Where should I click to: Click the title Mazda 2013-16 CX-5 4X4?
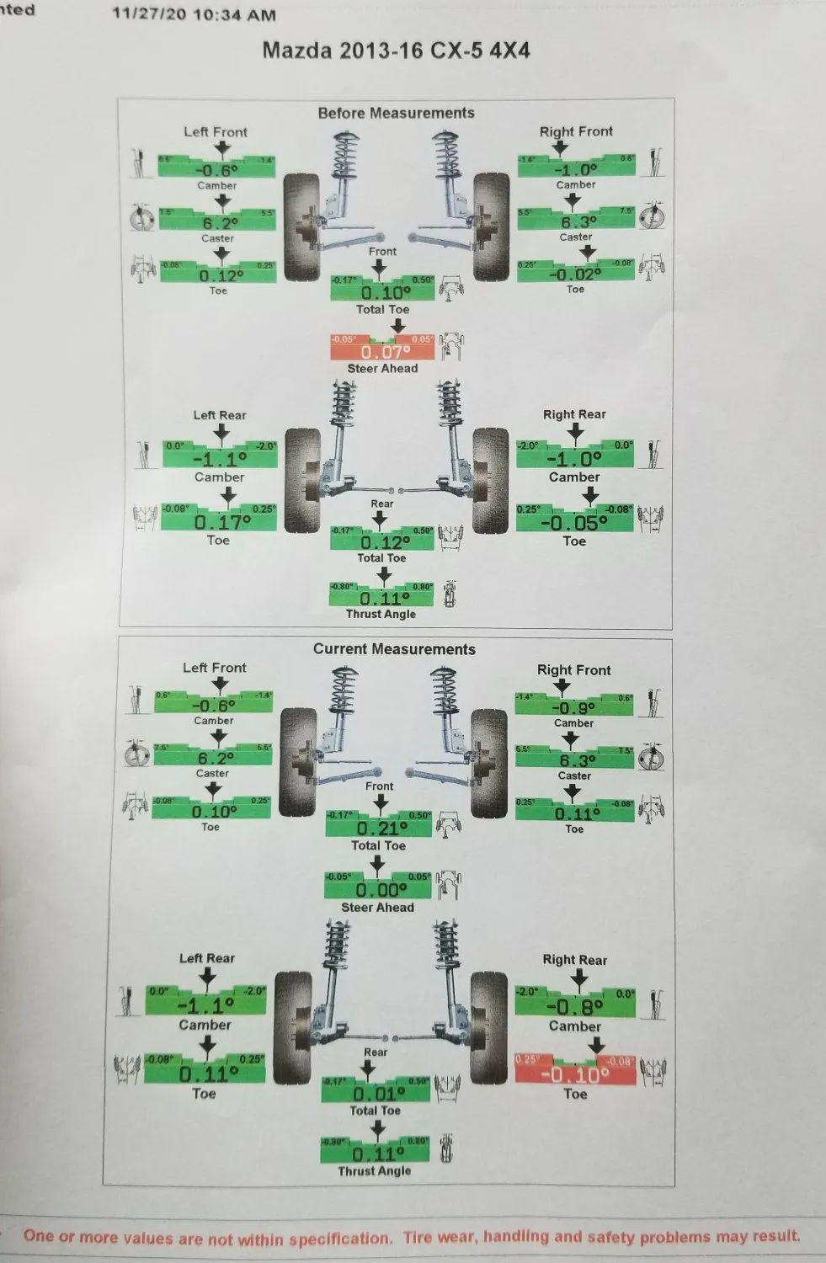(x=396, y=50)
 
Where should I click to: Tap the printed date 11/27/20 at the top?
(x=148, y=14)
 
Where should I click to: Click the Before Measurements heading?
(x=396, y=113)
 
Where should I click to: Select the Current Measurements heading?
(x=394, y=649)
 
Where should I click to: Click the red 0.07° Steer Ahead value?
(x=385, y=352)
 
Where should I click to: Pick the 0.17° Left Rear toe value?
(x=222, y=522)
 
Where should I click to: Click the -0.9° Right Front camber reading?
(x=573, y=708)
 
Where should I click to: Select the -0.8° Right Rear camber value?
(x=575, y=1006)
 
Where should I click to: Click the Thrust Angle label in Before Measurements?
(x=381, y=614)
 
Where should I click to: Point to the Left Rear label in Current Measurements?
(x=207, y=958)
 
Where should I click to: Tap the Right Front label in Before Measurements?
(x=576, y=131)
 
